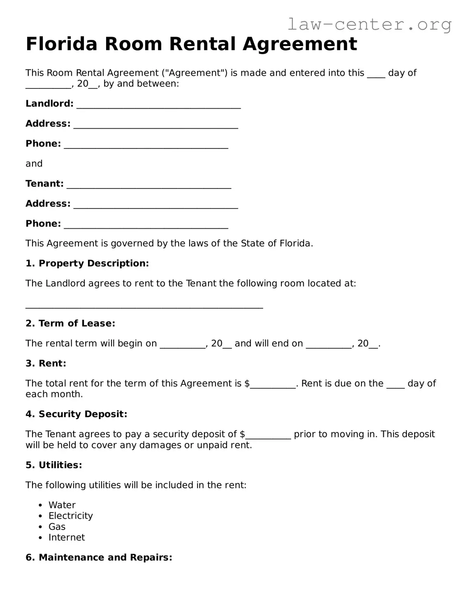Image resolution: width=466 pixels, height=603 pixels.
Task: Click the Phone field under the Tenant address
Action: pyautogui.click(x=146, y=225)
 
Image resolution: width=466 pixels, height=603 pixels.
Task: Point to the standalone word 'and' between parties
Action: pyautogui.click(x=34, y=164)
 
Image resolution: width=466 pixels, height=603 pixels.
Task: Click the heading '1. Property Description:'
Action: pyautogui.click(x=87, y=263)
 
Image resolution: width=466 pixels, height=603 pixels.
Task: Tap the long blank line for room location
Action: pyautogui.click(x=144, y=305)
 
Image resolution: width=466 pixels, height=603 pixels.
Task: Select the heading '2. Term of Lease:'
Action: pyautogui.click(x=70, y=323)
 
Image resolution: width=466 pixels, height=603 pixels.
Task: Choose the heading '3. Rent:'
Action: pyautogui.click(x=46, y=363)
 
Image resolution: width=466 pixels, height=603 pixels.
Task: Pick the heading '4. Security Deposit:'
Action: pyautogui.click(x=76, y=414)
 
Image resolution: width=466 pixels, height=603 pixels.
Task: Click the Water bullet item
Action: pyautogui.click(x=62, y=505)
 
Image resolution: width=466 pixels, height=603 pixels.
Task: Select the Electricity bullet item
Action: pyautogui.click(x=70, y=516)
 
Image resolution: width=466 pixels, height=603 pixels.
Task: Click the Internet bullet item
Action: pyautogui.click(x=66, y=538)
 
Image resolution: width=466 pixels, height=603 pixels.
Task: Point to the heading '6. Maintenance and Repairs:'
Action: pyautogui.click(x=99, y=558)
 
